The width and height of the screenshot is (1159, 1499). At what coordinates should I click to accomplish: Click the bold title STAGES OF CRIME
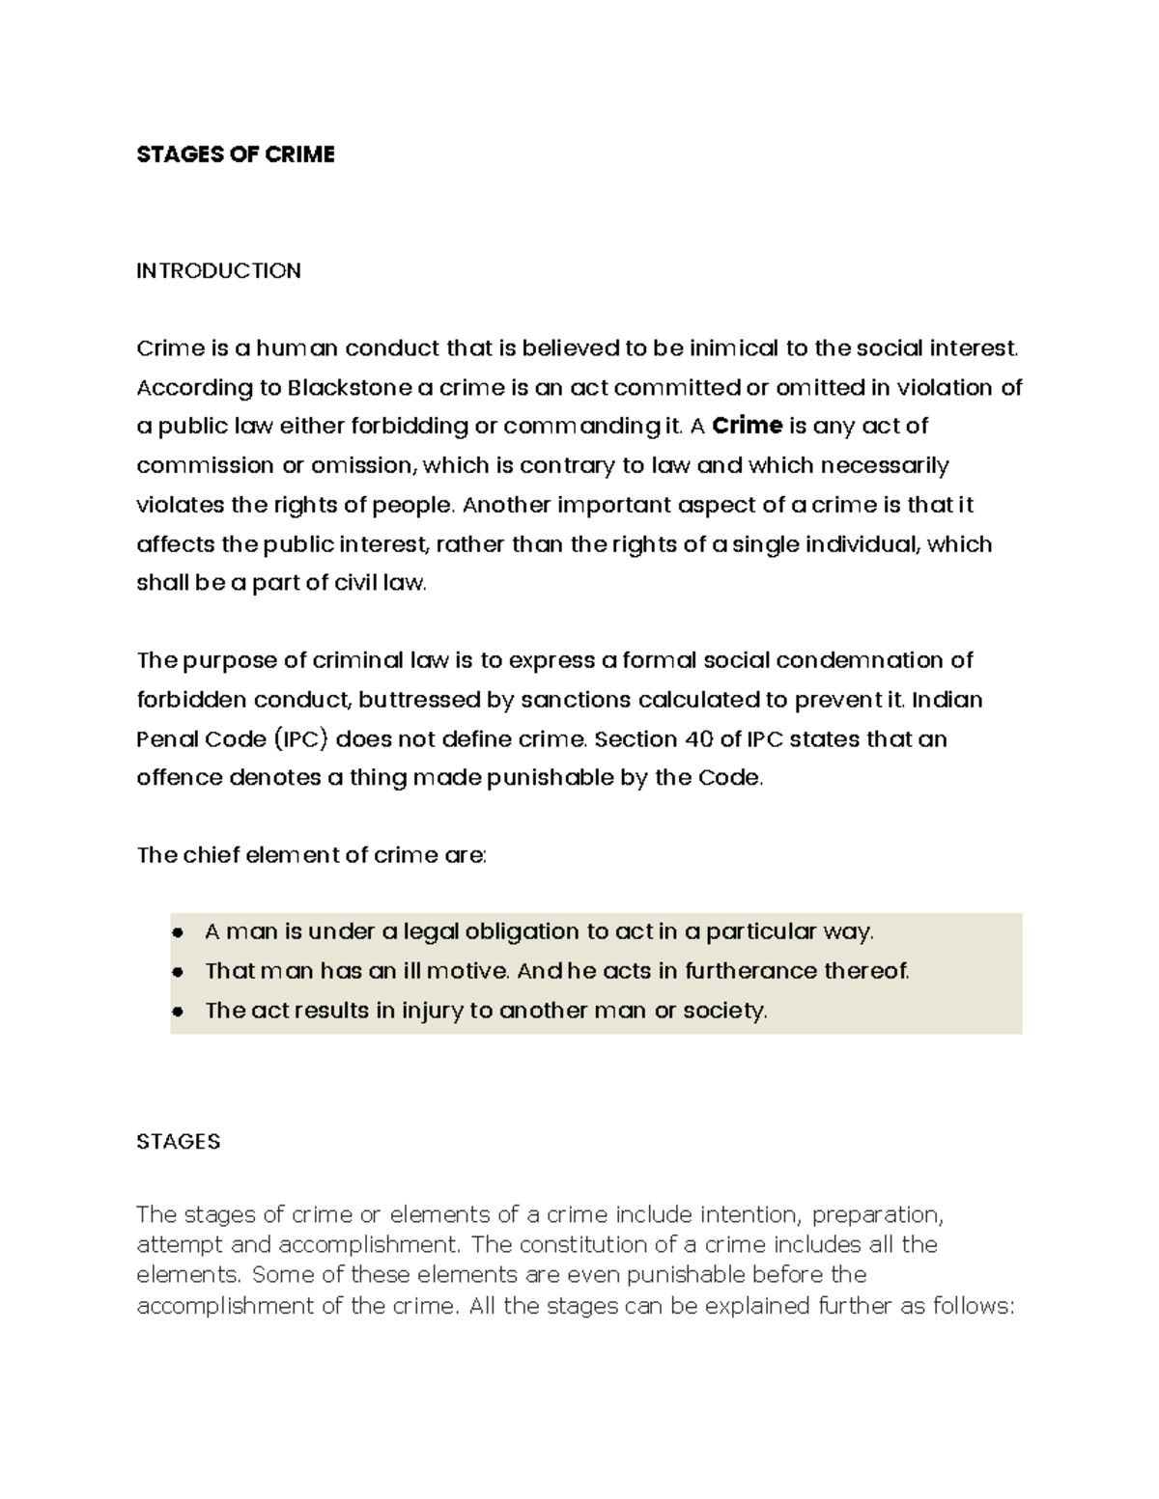pos(236,154)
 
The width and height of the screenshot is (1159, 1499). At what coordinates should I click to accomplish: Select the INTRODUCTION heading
pos(218,270)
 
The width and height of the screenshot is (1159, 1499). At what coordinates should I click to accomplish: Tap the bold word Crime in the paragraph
pos(747,427)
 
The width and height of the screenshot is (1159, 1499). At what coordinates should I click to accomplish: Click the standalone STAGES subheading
pos(179,1142)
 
